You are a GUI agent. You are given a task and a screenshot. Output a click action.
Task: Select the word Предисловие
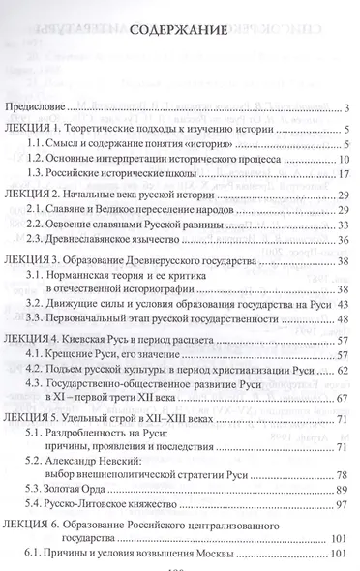(40, 106)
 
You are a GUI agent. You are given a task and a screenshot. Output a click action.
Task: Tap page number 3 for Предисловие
(345, 106)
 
